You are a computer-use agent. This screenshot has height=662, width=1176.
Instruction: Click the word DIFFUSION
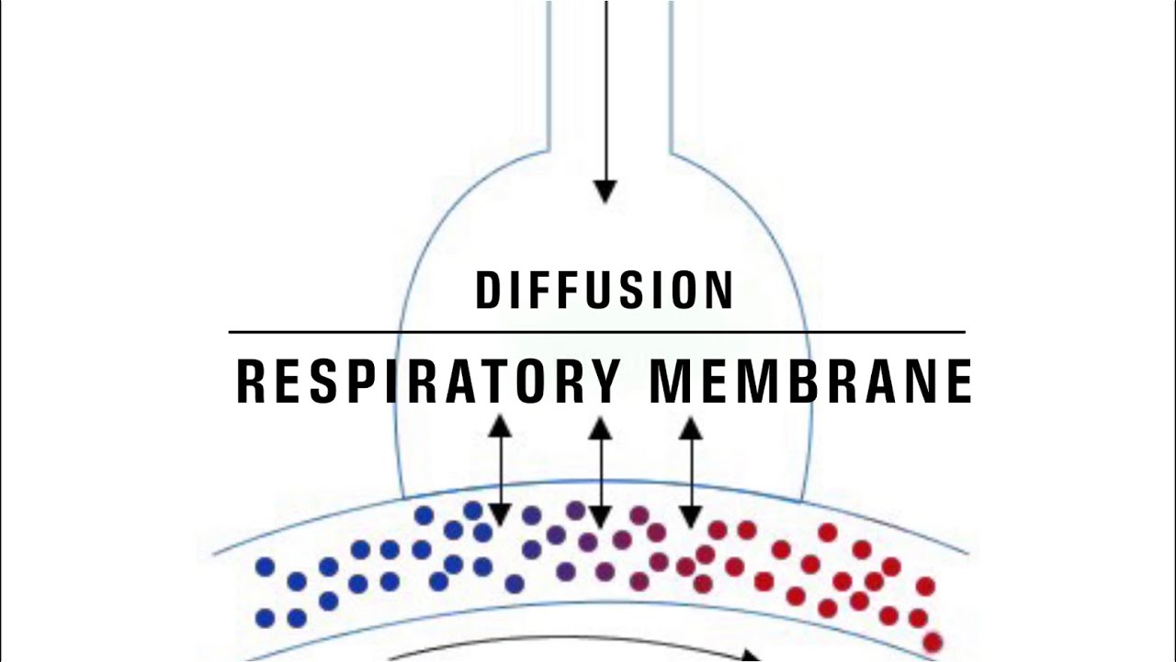click(x=605, y=291)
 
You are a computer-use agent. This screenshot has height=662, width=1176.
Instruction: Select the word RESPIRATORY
click(x=429, y=382)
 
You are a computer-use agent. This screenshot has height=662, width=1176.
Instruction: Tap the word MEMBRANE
click(x=810, y=382)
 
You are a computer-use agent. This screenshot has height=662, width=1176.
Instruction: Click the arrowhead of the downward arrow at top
click(x=605, y=191)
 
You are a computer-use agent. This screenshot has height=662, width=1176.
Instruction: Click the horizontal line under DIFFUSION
click(x=597, y=332)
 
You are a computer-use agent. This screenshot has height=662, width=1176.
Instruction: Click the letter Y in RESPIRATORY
click(x=605, y=382)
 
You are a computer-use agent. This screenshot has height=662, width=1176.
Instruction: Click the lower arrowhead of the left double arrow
click(x=500, y=516)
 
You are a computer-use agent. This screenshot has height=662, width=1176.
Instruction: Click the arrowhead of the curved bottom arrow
click(x=751, y=656)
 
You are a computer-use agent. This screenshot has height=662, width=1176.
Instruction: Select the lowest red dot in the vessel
click(x=933, y=642)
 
